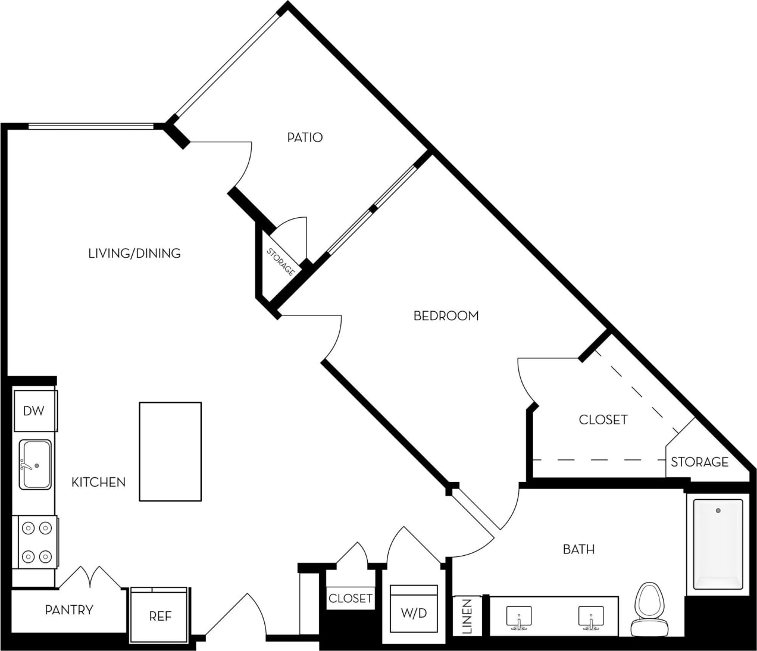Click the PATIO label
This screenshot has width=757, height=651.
(x=305, y=137)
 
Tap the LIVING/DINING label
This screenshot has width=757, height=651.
(x=134, y=253)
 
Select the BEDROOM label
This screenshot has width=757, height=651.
(x=446, y=315)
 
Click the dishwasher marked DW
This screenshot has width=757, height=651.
(x=34, y=410)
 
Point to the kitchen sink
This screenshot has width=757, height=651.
(x=35, y=464)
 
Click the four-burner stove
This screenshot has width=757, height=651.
(x=35, y=542)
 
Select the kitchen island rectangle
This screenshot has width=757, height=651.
(x=170, y=451)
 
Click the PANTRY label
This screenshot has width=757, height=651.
(x=69, y=610)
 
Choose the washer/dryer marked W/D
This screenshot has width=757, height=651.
(x=414, y=612)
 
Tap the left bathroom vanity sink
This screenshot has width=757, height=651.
(x=518, y=618)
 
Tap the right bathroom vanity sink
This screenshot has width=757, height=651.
(x=591, y=618)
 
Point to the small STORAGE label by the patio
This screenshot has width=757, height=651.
(x=280, y=262)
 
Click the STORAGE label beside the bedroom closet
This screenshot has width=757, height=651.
(x=699, y=462)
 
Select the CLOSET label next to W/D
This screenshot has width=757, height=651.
(x=350, y=598)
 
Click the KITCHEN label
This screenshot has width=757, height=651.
(x=98, y=482)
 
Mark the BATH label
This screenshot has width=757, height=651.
(x=578, y=549)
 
